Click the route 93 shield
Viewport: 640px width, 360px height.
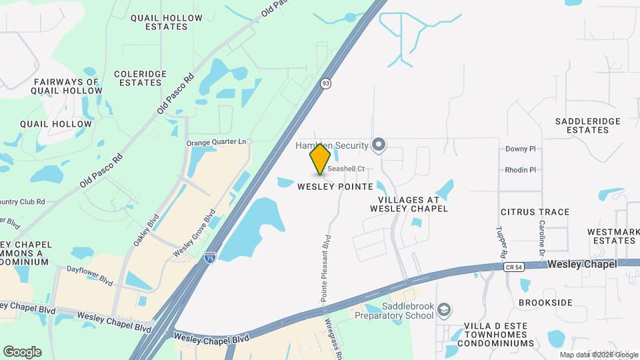point(325,83)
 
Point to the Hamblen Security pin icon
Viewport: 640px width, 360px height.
point(379,145)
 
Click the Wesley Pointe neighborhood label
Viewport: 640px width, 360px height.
point(335,187)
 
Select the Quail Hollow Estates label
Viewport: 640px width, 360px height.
point(159,22)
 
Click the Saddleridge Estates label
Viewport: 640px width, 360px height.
point(588,125)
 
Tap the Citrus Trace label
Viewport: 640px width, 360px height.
point(535,212)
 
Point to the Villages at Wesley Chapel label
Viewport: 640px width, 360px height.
point(409,204)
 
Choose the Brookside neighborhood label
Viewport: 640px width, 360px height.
point(545,303)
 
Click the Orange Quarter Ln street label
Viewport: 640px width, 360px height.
point(216,143)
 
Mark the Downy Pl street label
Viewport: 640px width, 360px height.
point(521,149)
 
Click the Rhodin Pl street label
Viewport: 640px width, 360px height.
point(521,170)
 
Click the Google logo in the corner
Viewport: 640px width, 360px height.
point(22,352)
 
